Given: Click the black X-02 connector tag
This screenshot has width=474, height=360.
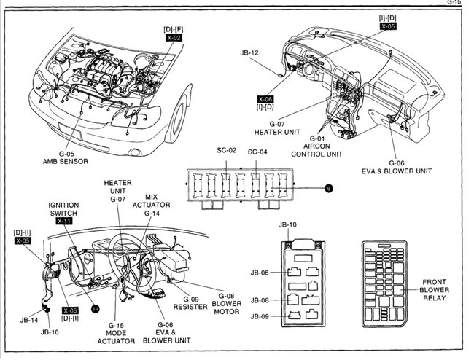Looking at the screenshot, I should coord(174,36).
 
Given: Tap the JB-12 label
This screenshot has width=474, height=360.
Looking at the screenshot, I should coord(250,52).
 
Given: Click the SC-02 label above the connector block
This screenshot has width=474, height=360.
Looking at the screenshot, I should coord(227,152).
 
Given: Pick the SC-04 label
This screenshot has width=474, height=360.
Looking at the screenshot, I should coord(258,152).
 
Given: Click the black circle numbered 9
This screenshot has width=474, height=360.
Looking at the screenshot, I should coord(329,188).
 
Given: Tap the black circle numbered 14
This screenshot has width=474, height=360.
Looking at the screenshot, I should coord(95,308).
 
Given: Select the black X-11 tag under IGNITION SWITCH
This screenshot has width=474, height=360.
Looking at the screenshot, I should coord(65,221).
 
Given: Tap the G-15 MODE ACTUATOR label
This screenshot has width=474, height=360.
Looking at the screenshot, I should coord(117,333).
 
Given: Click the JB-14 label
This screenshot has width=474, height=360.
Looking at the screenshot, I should coord(29,319).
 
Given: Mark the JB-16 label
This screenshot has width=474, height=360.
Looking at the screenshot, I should coord(49,332).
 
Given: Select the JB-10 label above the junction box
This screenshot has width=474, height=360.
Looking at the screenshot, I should coord(288,224).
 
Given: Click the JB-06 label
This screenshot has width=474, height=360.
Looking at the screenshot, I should coord(260,273).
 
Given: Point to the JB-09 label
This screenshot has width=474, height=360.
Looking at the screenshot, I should coord(260,316).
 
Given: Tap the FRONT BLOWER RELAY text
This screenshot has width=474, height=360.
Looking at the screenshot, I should coord(435,289).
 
